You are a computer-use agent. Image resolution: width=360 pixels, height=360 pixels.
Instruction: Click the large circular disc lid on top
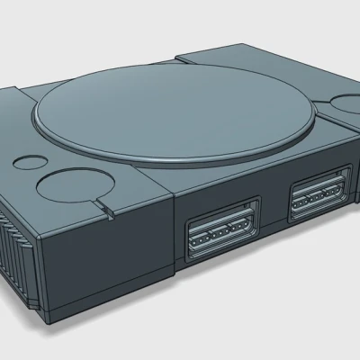click(x=171, y=117)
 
